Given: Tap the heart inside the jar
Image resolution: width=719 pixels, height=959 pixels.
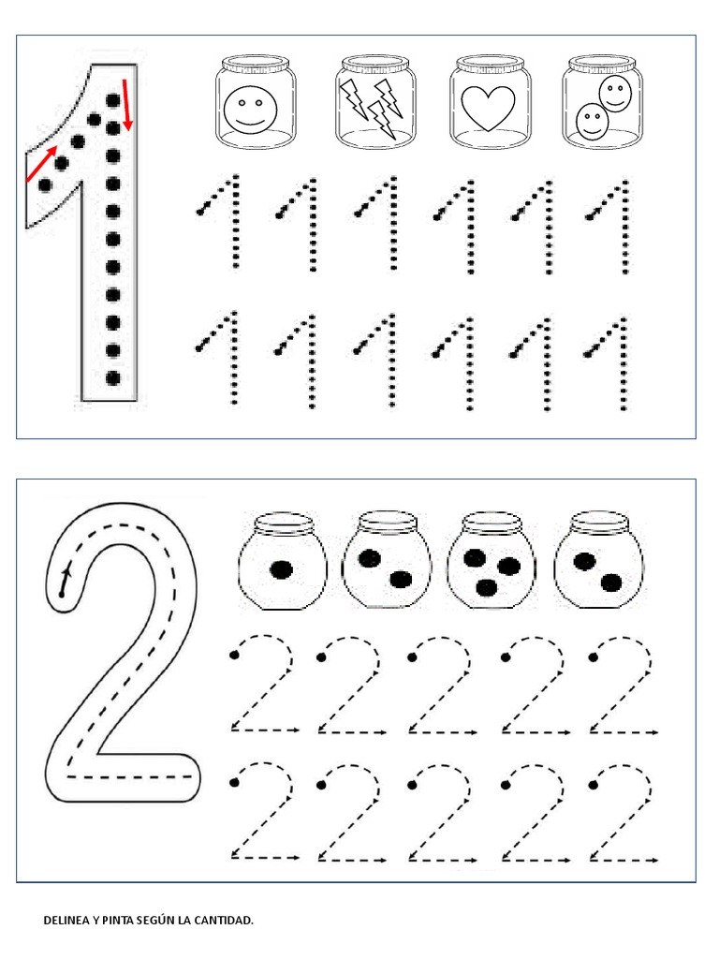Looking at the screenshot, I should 488,109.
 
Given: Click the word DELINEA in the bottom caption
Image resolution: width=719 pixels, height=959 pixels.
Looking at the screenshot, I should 66,921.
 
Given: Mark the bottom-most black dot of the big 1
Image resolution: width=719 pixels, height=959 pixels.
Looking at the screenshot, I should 113,378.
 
